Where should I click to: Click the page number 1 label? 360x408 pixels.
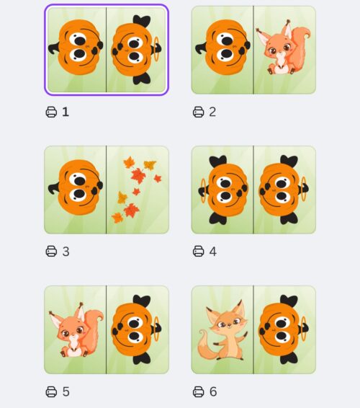point(66,112)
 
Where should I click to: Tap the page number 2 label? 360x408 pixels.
point(212,112)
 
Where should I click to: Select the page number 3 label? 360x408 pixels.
point(66,252)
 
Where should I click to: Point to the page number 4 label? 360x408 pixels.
point(213,252)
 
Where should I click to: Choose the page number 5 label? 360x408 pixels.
point(66,391)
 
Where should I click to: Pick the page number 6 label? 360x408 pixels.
point(213,391)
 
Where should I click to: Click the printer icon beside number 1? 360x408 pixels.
point(51,112)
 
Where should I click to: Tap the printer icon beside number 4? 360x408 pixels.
point(198,252)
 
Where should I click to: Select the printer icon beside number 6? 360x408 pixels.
point(198,391)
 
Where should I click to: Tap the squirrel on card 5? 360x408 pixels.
point(76,330)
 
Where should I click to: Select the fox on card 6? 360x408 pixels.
point(223,330)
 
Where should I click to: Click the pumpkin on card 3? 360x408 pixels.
point(76,187)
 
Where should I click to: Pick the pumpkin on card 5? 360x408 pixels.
point(136,329)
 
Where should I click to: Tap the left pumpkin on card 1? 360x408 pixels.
point(76,48)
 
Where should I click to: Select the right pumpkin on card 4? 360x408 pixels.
point(284,190)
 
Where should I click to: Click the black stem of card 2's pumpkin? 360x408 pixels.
point(201,49)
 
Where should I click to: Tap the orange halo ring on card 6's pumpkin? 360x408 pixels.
point(303,329)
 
